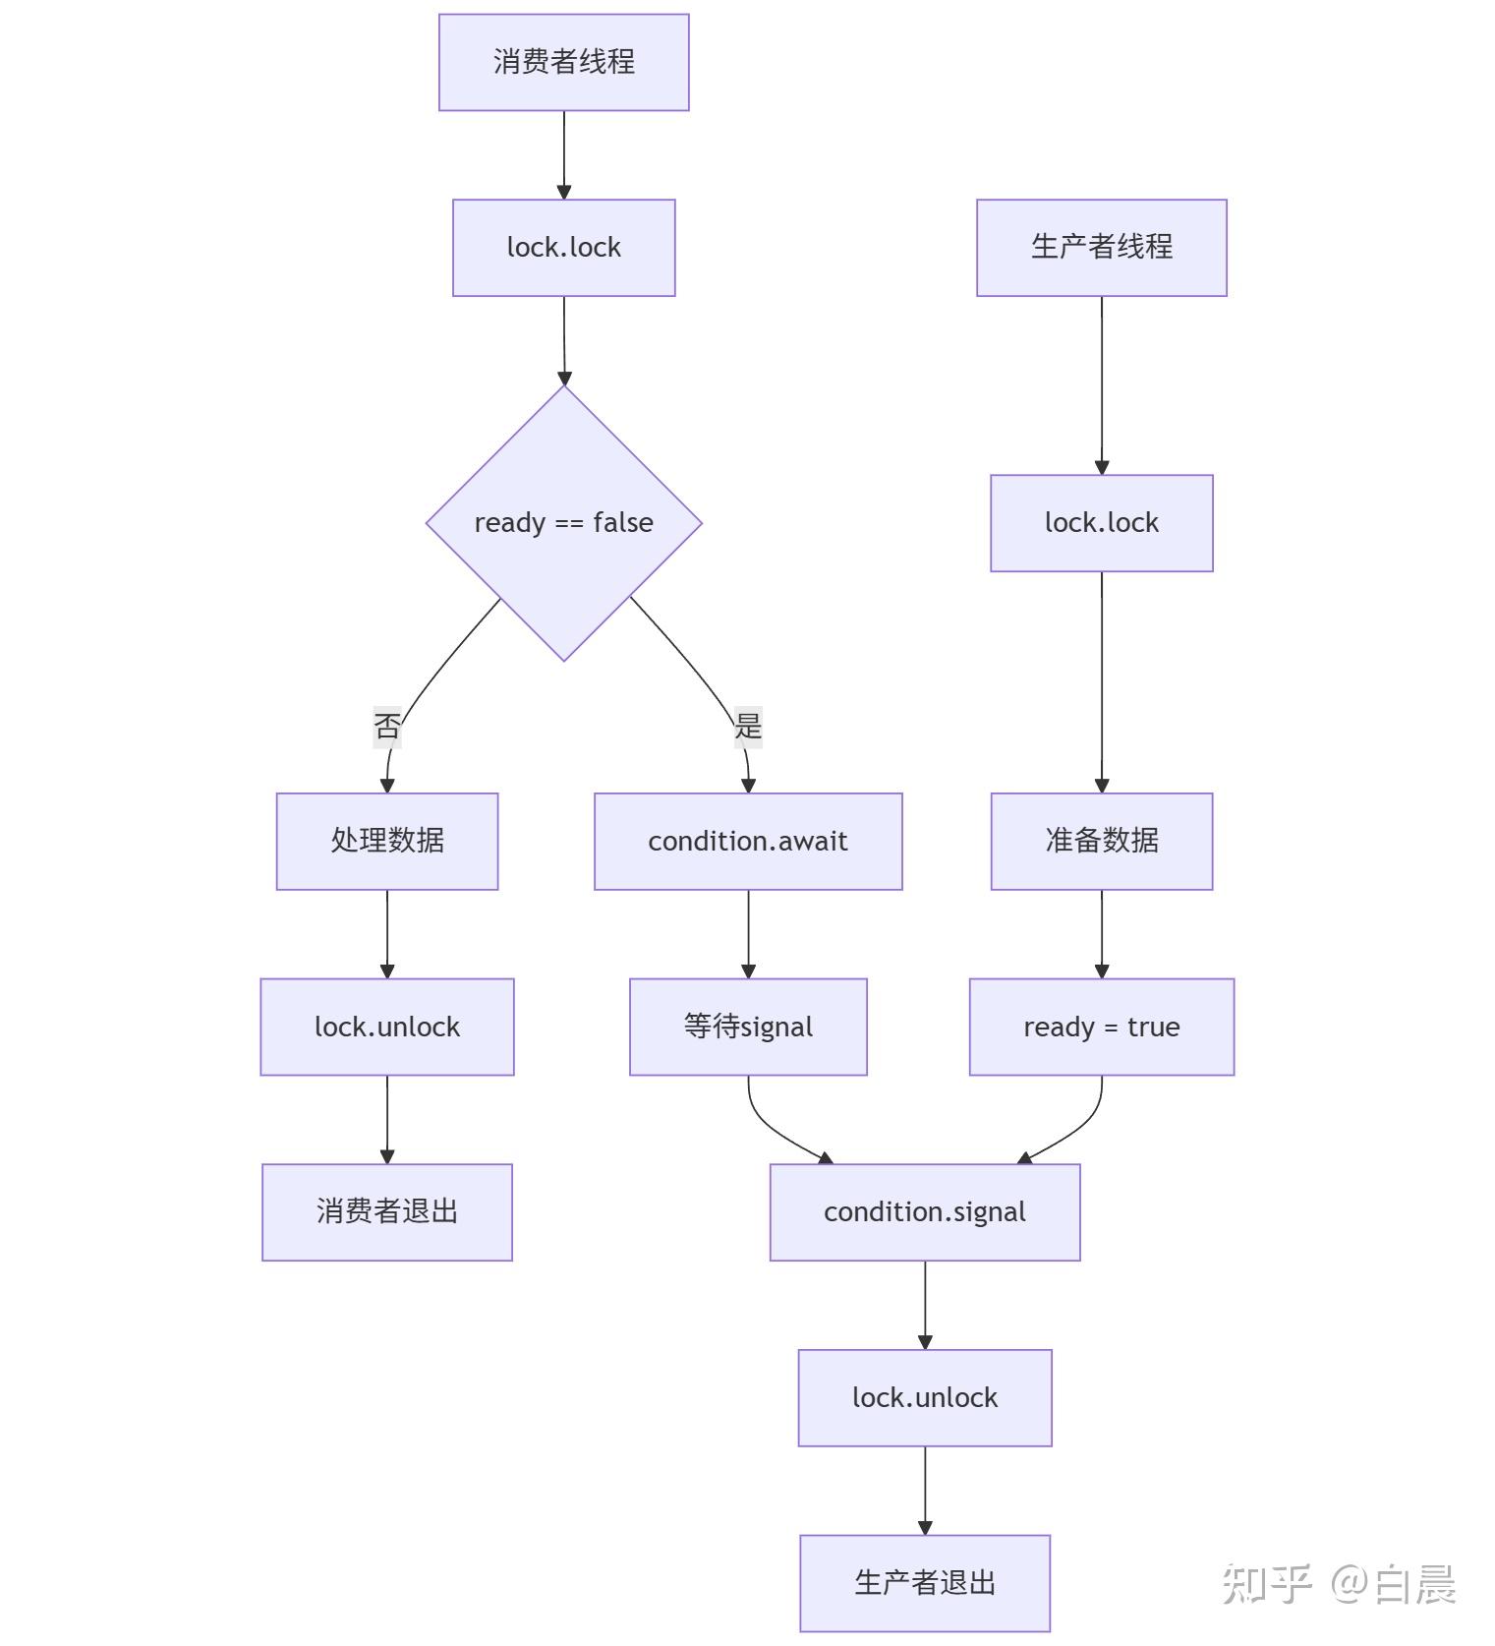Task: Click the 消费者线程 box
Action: tap(563, 62)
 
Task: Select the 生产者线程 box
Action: tap(1101, 247)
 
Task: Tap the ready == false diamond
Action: tap(563, 522)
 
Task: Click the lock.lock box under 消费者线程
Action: tap(563, 247)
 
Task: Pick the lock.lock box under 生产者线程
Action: tap(1101, 522)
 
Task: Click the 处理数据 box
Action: tap(386, 841)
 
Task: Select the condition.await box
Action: tap(747, 841)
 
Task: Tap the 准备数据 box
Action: tap(1101, 841)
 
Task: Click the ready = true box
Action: tap(1101, 1027)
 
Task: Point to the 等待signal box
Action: tap(747, 1027)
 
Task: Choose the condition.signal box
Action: tap(924, 1211)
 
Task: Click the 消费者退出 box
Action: tap(386, 1211)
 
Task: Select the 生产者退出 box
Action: tap(924, 1582)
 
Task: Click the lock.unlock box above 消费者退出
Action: tap(386, 1027)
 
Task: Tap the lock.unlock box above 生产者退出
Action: tap(924, 1397)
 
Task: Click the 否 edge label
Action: tap(386, 727)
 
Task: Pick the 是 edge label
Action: tap(748, 727)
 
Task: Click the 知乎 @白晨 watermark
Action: tap(1338, 1583)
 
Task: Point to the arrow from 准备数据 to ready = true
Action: tap(1101, 933)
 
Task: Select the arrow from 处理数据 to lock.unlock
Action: tap(386, 933)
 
